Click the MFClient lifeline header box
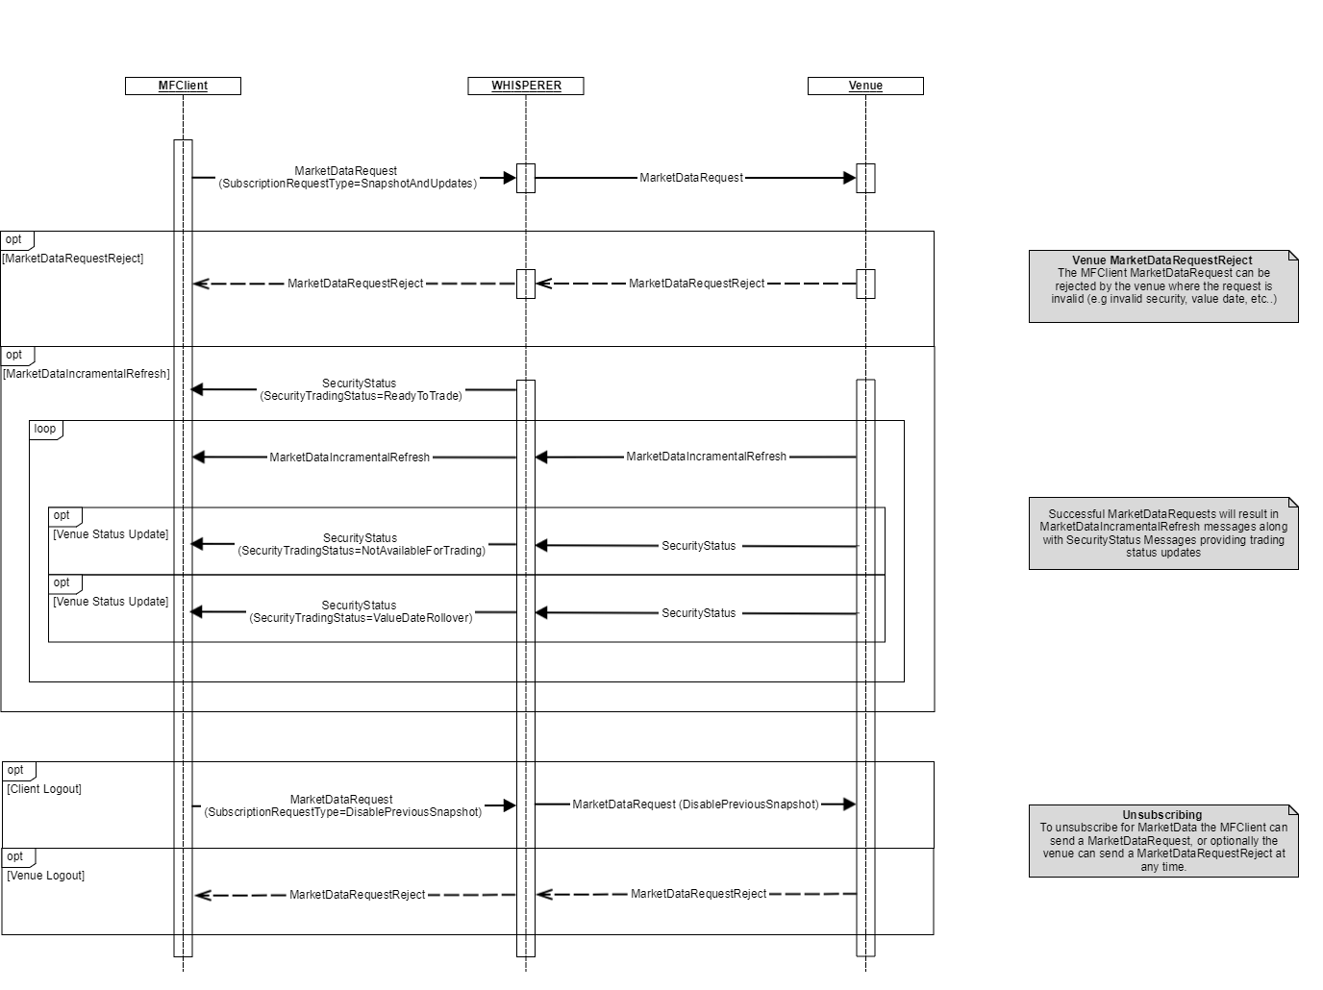click(183, 86)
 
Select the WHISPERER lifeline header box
click(526, 86)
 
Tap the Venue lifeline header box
click(865, 86)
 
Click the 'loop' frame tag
click(45, 429)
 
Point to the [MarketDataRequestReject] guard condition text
click(73, 259)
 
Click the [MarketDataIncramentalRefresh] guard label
click(87, 374)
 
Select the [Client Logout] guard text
click(44, 789)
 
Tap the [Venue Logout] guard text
click(46, 876)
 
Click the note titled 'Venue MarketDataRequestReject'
click(1163, 285)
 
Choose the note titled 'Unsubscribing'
click(1163, 840)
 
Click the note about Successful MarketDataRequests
click(1163, 533)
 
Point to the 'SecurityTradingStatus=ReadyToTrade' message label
click(361, 396)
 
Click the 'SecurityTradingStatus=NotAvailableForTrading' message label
click(362, 551)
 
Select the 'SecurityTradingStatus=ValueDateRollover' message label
click(361, 618)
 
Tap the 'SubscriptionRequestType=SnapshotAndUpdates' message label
click(347, 184)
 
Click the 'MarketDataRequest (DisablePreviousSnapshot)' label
click(695, 804)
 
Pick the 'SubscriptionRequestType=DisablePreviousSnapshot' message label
click(342, 812)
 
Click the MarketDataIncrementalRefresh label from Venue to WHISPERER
click(706, 457)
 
